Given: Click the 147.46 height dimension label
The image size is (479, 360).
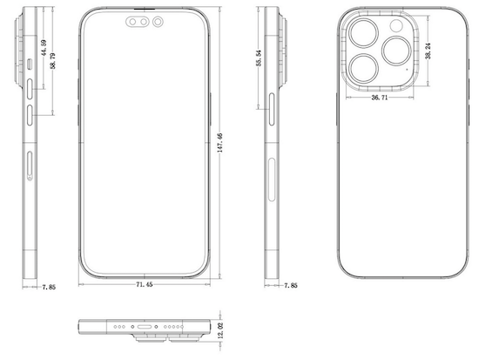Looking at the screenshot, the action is click(220, 143).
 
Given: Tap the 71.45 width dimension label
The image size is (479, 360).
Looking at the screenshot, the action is click(145, 284).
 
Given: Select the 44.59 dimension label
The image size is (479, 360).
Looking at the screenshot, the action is click(44, 48).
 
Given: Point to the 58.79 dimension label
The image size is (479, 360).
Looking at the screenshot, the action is click(53, 61).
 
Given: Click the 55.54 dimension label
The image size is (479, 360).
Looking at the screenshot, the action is click(259, 58).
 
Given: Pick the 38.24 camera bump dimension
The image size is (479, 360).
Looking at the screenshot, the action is click(428, 51).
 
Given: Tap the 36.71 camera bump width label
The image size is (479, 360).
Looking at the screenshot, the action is click(380, 98).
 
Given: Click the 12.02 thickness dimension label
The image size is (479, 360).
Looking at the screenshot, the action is click(221, 330).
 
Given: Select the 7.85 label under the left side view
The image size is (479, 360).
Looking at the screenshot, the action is click(49, 287).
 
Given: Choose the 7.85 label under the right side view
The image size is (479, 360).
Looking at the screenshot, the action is click(291, 285).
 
